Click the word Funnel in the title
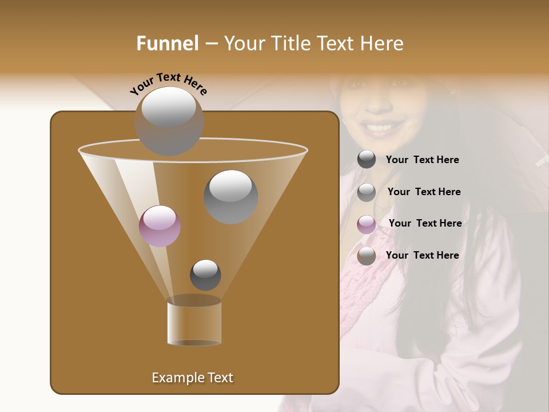click(168, 43)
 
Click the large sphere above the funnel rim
click(169, 121)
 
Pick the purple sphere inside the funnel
click(160, 225)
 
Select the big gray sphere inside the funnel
click(230, 197)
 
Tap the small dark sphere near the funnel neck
click(205, 275)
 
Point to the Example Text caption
click(192, 378)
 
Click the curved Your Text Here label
click(168, 84)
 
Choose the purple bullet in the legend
click(367, 224)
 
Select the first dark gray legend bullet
click(367, 160)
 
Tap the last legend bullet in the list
click(367, 256)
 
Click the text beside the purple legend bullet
click(425, 223)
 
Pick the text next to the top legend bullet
click(422, 160)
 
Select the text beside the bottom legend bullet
click(422, 255)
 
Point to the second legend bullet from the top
click(367, 192)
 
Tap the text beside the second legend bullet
click(424, 192)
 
